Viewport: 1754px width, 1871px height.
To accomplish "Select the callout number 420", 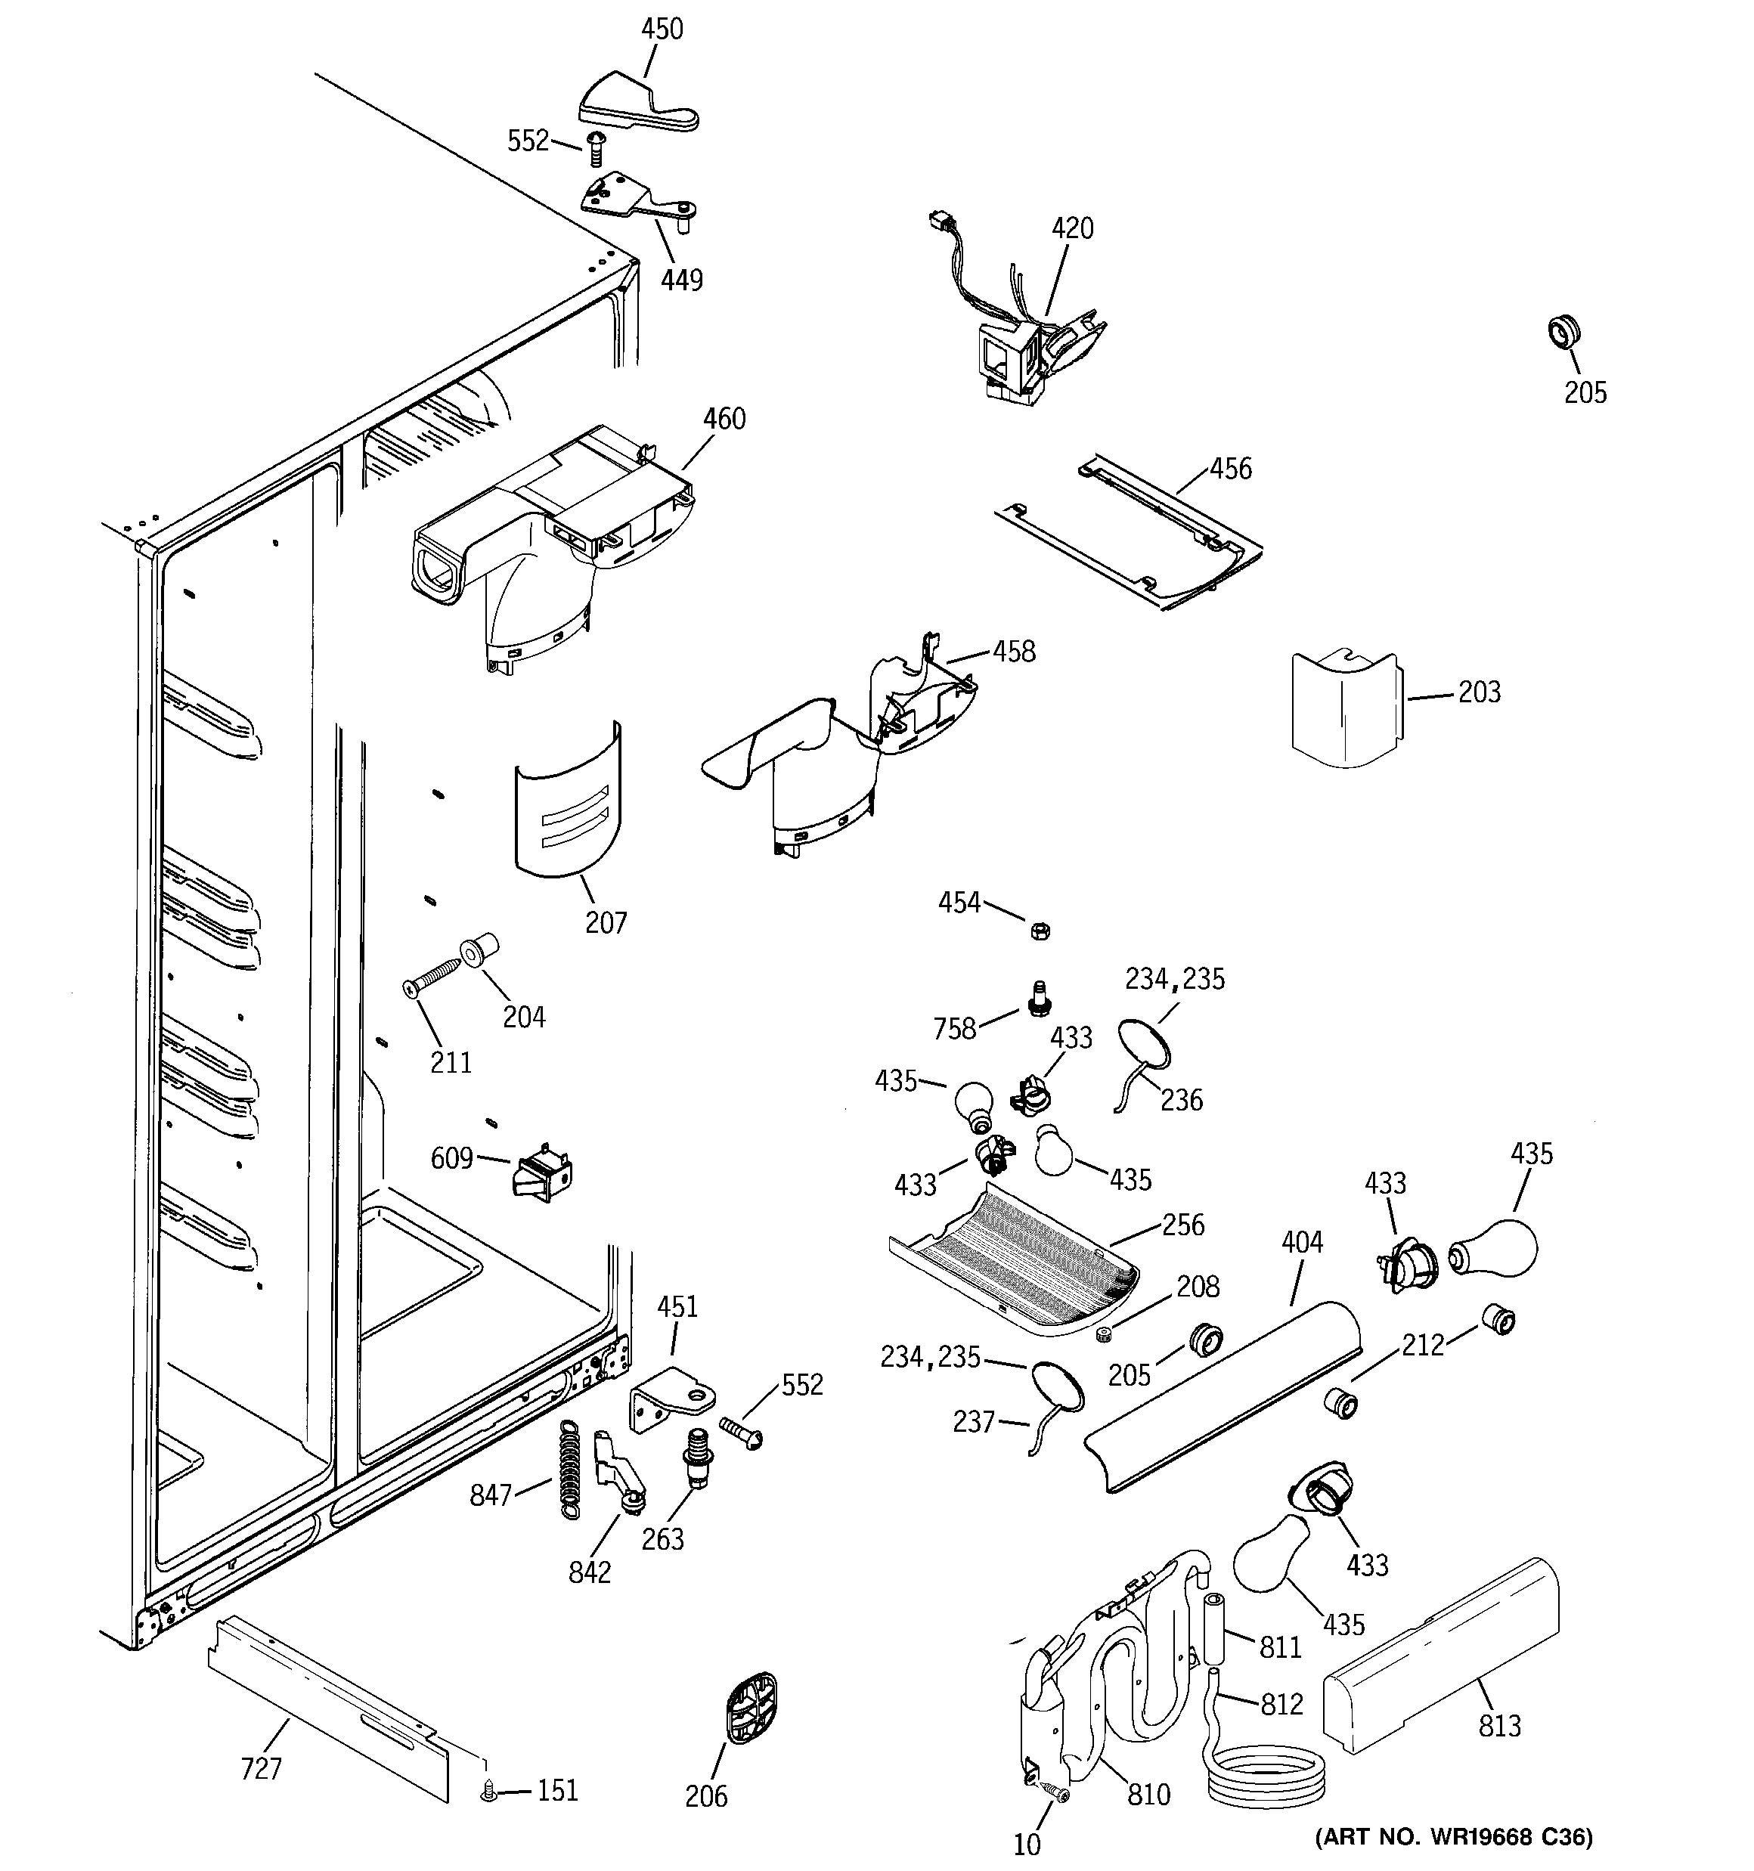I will (1072, 229).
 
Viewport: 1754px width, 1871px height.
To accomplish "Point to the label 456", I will (1231, 469).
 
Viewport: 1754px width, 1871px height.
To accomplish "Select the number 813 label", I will (1500, 1726).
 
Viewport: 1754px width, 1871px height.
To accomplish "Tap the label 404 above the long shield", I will (1302, 1242).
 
